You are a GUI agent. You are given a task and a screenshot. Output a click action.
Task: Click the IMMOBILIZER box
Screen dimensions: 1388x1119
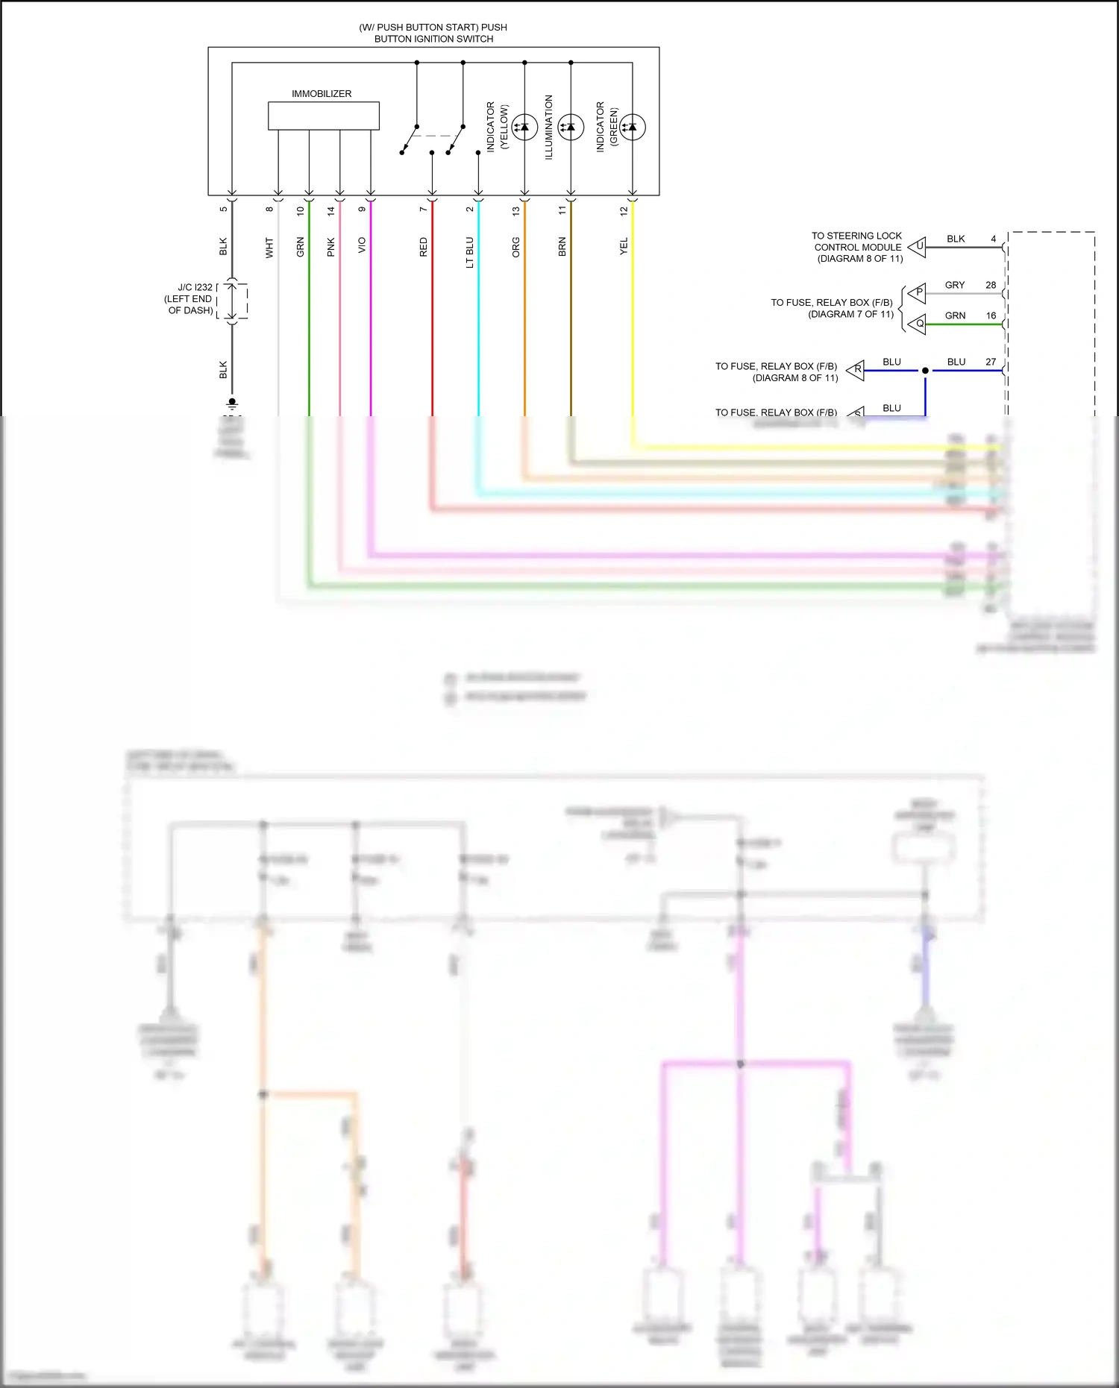pos(323,116)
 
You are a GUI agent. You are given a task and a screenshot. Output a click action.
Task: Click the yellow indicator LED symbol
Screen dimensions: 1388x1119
pos(524,128)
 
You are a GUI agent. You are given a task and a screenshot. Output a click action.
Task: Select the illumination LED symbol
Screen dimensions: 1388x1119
pos(571,128)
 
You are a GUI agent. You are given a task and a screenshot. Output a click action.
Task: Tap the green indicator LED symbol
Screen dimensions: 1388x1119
pos(633,128)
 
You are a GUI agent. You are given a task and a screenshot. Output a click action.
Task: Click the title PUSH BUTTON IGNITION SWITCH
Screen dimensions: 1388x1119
pos(433,33)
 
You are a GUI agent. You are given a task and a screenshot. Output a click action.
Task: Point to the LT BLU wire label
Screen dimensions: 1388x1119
pos(470,252)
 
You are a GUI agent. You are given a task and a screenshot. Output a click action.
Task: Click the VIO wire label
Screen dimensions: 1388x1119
pos(362,245)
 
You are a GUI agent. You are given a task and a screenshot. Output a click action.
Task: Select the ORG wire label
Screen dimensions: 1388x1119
pos(515,248)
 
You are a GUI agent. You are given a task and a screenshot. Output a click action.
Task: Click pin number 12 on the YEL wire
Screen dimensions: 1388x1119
pos(624,211)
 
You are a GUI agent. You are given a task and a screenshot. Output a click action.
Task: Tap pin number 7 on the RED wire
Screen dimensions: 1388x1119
pos(423,210)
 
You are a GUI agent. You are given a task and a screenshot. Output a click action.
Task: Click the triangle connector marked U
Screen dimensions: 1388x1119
pos(918,246)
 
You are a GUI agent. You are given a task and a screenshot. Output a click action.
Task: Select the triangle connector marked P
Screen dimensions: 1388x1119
pos(918,292)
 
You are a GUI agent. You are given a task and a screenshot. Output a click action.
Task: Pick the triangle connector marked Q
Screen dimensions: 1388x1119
pos(918,324)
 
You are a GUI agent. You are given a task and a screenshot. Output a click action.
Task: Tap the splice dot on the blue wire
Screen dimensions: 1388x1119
pos(925,371)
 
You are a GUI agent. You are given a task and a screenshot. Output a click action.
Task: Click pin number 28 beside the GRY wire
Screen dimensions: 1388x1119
pos(991,285)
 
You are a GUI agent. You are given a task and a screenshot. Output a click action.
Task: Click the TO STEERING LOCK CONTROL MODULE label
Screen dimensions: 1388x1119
pos(857,247)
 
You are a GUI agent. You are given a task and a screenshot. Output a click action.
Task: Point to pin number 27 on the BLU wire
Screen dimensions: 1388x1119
pos(991,362)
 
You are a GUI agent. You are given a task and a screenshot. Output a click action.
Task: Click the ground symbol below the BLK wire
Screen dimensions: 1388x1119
pos(232,403)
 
